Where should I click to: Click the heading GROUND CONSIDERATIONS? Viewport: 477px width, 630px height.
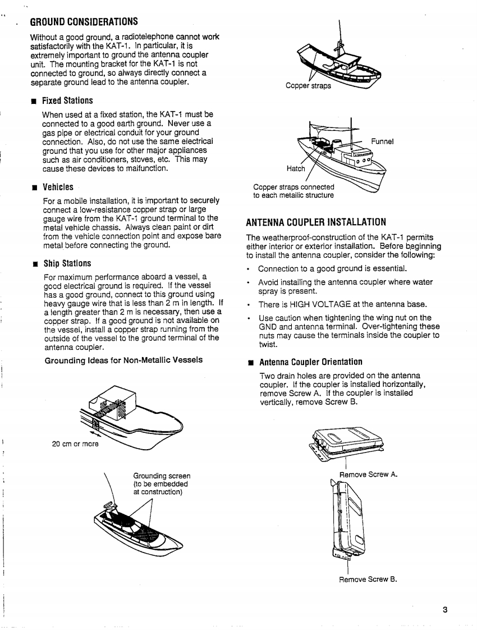point(84,22)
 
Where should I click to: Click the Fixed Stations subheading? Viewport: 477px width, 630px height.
point(67,101)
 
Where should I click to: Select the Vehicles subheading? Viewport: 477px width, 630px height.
point(58,187)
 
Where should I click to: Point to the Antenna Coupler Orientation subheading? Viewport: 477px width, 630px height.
point(311,362)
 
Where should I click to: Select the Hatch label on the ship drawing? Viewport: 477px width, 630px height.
point(296,168)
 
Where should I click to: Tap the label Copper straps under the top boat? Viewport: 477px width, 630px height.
point(308,86)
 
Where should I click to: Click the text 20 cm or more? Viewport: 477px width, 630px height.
point(75,444)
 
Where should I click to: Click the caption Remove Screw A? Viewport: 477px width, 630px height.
point(369,474)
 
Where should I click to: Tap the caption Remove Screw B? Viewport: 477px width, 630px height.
point(368,579)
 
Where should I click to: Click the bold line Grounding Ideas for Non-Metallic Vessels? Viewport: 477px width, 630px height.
point(123,359)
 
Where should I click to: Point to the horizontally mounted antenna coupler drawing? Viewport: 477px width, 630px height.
point(345,442)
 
